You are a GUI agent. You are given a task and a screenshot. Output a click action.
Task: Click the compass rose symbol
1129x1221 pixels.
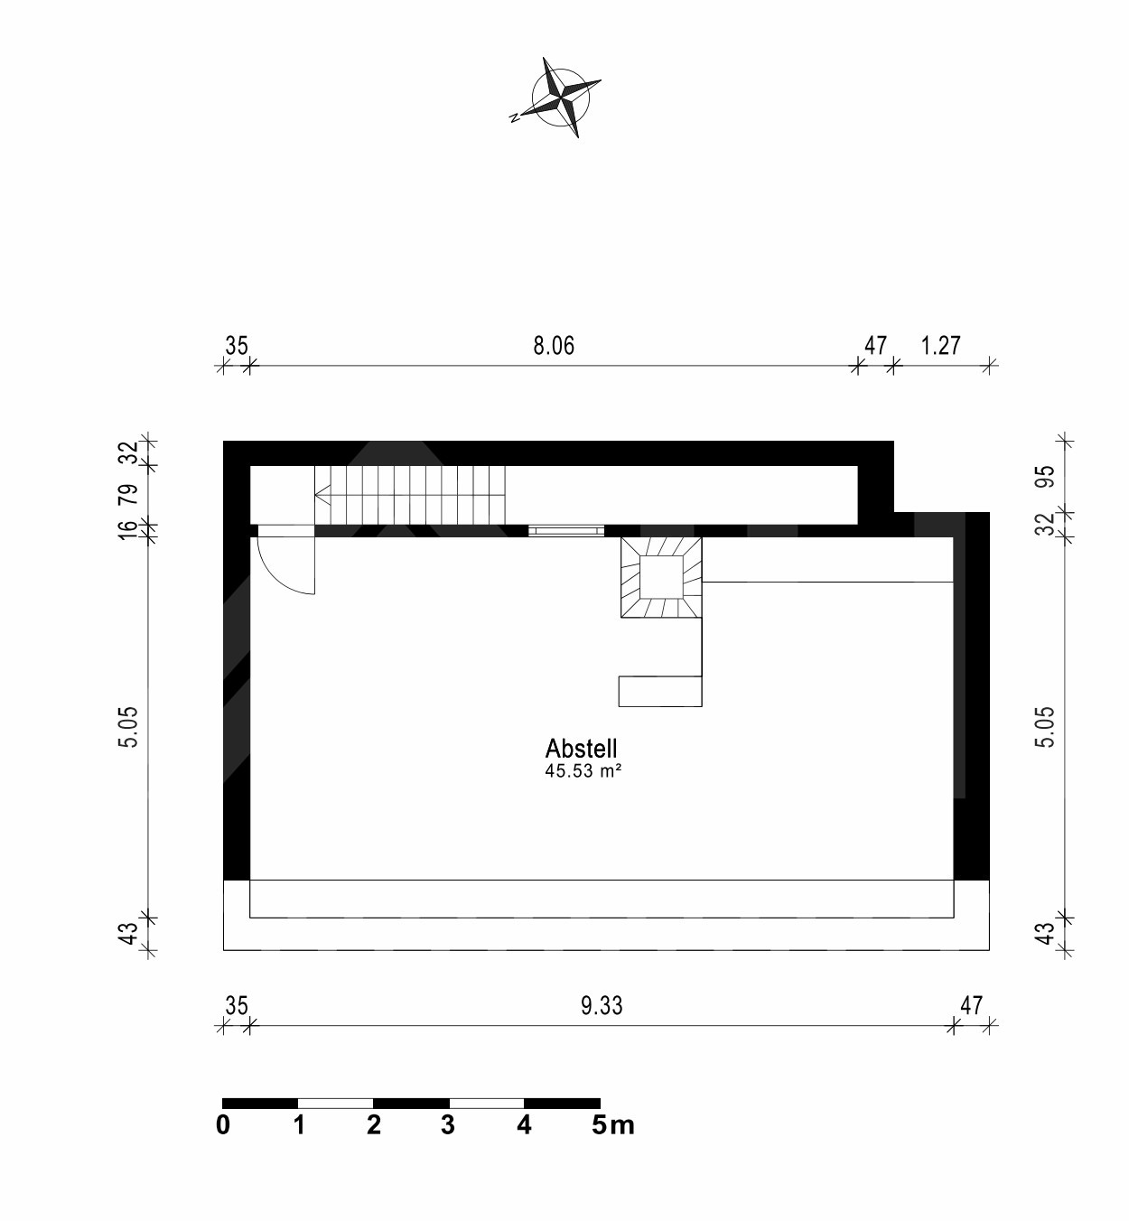point(561,98)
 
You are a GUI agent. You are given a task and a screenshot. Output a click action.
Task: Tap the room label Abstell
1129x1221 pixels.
point(581,749)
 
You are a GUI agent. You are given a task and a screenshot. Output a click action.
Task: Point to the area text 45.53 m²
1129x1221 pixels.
point(583,771)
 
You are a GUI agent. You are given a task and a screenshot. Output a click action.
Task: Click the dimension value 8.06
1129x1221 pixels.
point(554,346)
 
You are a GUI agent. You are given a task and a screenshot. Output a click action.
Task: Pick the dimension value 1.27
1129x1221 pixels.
point(940,346)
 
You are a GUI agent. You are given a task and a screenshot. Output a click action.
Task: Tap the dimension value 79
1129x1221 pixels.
point(129,495)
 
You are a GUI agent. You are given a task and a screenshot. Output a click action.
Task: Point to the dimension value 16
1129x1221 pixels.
point(129,530)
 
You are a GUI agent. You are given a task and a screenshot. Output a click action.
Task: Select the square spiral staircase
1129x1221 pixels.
point(661,577)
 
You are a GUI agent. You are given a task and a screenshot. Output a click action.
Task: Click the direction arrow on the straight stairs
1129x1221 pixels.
point(322,494)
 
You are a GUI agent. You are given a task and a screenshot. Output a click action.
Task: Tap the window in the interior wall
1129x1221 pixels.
point(566,531)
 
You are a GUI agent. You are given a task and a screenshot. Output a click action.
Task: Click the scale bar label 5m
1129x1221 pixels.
point(613,1125)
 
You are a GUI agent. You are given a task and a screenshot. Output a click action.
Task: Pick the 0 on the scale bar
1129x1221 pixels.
point(223,1125)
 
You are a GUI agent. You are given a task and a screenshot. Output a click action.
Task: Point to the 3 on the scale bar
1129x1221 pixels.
point(448,1125)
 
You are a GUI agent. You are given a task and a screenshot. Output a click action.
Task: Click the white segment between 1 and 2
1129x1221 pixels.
point(335,1103)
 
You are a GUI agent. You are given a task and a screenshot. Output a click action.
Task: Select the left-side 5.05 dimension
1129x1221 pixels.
point(129,727)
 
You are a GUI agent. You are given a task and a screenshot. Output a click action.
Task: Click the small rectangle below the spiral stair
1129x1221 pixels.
point(660,692)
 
